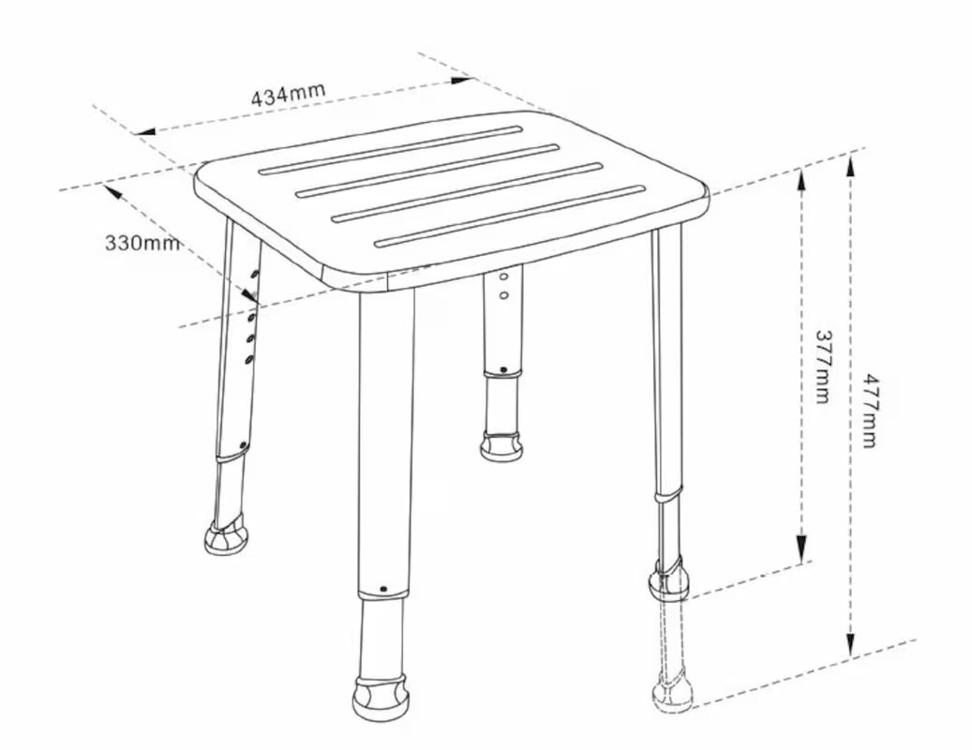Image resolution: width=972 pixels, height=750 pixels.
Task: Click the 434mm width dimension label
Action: tap(288, 94)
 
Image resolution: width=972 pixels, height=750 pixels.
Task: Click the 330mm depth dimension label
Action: tap(142, 242)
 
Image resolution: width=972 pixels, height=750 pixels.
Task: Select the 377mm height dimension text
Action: tap(822, 366)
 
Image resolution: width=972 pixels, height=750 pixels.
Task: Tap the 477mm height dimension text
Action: tap(871, 411)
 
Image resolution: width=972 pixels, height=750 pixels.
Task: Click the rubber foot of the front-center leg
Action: tap(380, 697)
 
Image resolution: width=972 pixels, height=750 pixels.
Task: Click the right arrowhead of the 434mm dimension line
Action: tap(462, 80)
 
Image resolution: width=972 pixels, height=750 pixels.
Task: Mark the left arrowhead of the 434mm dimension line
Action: tap(145, 131)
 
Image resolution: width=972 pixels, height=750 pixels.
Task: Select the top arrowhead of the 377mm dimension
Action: tap(801, 180)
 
